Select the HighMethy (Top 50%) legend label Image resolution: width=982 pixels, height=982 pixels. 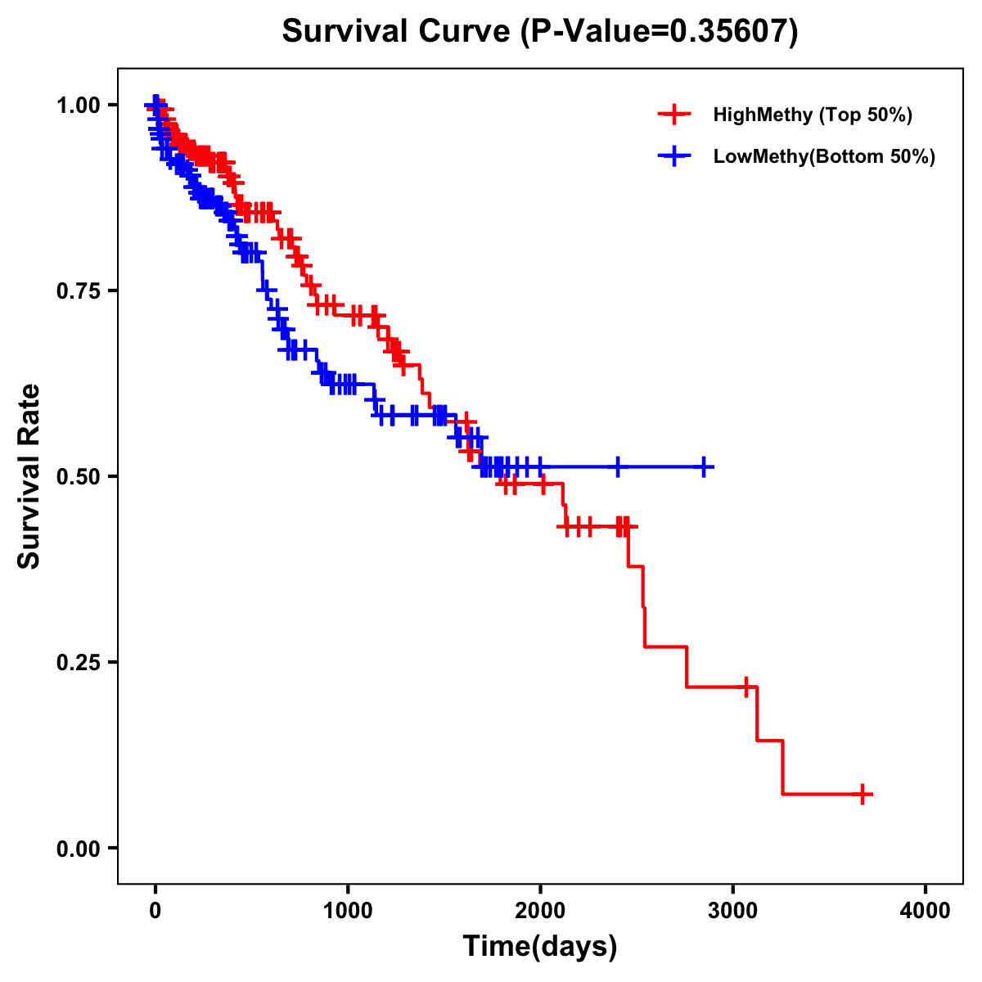pyautogui.click(x=813, y=115)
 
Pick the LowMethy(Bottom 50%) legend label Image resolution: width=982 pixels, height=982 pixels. pyautogui.click(x=824, y=156)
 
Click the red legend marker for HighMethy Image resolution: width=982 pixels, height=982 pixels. pyautogui.click(x=674, y=115)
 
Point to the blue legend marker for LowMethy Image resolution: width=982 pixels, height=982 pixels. pyautogui.click(x=674, y=156)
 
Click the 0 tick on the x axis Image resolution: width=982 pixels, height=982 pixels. pyautogui.click(x=155, y=911)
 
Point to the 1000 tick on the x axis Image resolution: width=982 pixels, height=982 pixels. pyautogui.click(x=348, y=911)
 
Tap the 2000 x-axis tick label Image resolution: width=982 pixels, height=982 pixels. pyautogui.click(x=540, y=911)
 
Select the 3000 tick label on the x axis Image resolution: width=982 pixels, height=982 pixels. pyautogui.click(x=733, y=911)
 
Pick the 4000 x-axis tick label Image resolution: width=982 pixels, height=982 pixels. pyautogui.click(x=926, y=911)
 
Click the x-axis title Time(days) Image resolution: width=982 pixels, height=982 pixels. pyautogui.click(x=540, y=947)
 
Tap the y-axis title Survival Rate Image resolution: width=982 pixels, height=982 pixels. pyautogui.click(x=29, y=476)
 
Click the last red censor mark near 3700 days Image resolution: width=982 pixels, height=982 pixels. pyautogui.click(x=863, y=794)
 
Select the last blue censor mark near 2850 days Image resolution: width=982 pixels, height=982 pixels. pyautogui.click(x=703, y=466)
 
